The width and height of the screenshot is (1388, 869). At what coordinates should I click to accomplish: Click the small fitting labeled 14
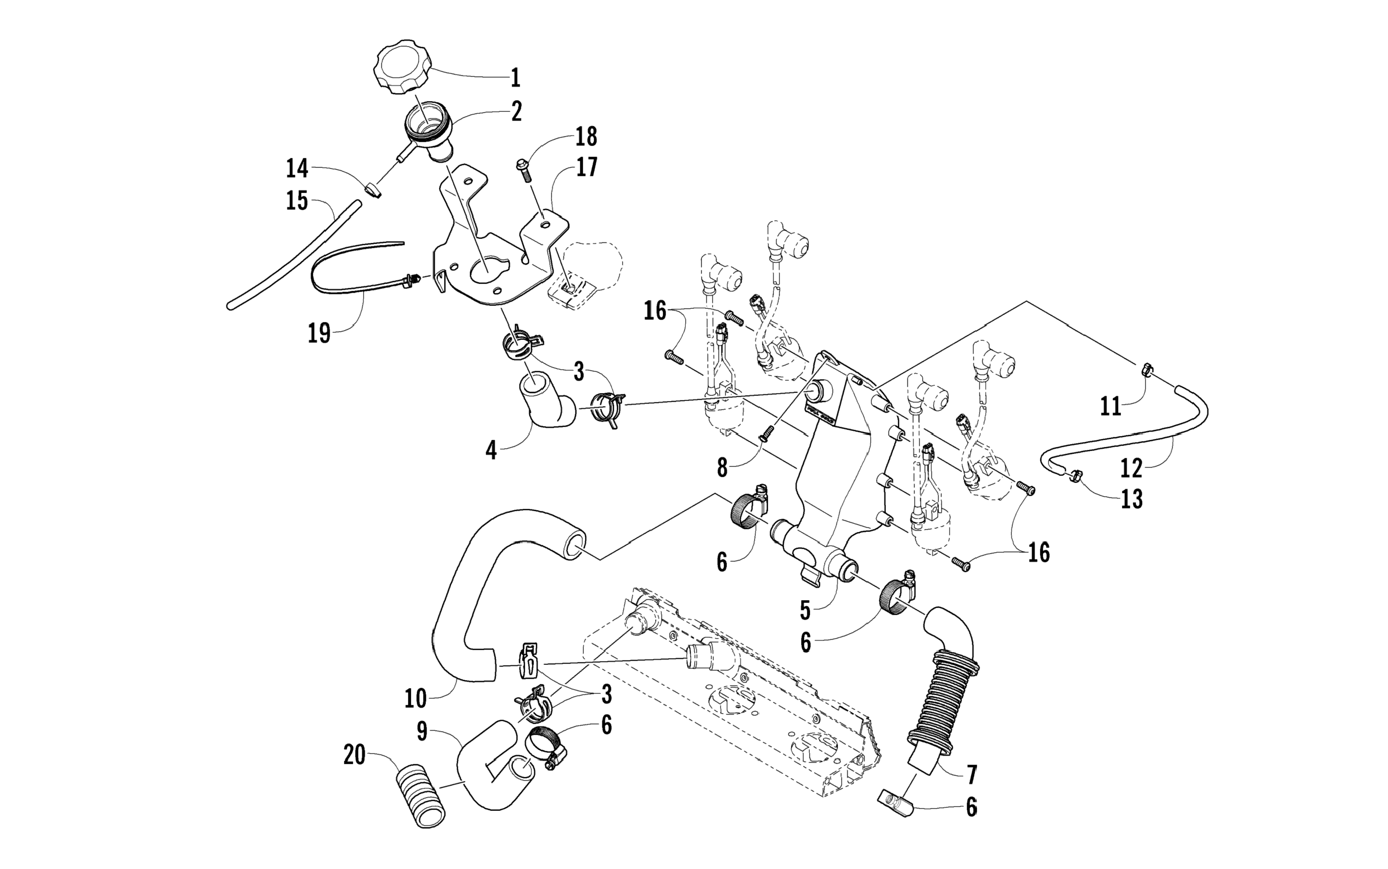pos(374,190)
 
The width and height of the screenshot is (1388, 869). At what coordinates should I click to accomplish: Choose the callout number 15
pos(297,201)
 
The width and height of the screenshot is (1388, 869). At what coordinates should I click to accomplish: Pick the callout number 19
pos(319,333)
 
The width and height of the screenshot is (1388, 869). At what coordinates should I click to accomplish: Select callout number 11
pos(1110,407)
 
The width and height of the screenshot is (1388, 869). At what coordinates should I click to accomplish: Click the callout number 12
pos(1132,468)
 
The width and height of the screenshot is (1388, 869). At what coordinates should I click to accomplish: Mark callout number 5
pos(805,611)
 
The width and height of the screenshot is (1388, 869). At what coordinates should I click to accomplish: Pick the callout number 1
pos(515,77)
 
